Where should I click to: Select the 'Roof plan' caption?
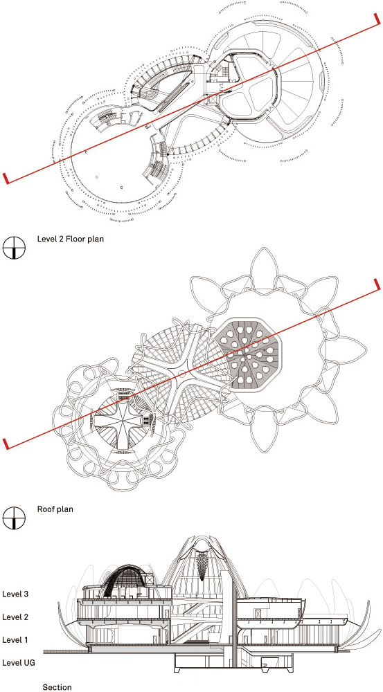click(55, 509)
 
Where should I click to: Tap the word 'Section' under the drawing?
click(57, 687)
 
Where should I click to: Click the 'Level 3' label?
click(15, 594)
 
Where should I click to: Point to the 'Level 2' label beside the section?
click(15, 617)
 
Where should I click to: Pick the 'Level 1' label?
click(15, 639)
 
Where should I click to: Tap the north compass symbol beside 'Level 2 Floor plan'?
click(14, 247)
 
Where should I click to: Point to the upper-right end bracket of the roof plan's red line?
click(376, 284)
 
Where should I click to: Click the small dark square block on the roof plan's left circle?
click(145, 421)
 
